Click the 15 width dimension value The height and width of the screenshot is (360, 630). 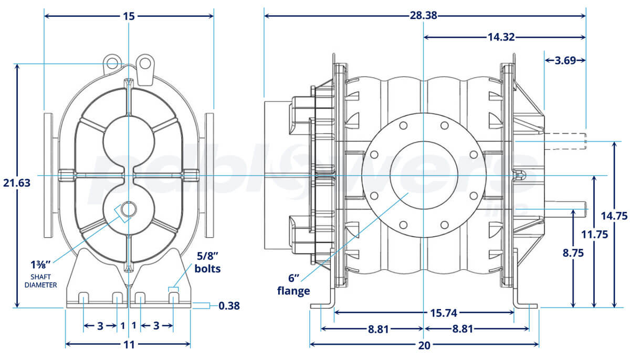pyautogui.click(x=129, y=16)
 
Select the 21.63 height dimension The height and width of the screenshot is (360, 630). pyautogui.click(x=16, y=183)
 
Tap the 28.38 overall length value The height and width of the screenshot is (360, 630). pyautogui.click(x=423, y=16)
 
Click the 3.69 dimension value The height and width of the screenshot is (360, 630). pyautogui.click(x=564, y=60)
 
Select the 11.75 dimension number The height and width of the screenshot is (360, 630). pyautogui.click(x=594, y=234)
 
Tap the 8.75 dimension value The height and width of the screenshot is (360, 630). pyautogui.click(x=574, y=252)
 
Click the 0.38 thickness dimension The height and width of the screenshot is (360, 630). pyautogui.click(x=229, y=305)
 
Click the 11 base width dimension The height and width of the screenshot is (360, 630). pyautogui.click(x=129, y=345)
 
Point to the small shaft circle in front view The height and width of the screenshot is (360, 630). pyautogui.click(x=128, y=209)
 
